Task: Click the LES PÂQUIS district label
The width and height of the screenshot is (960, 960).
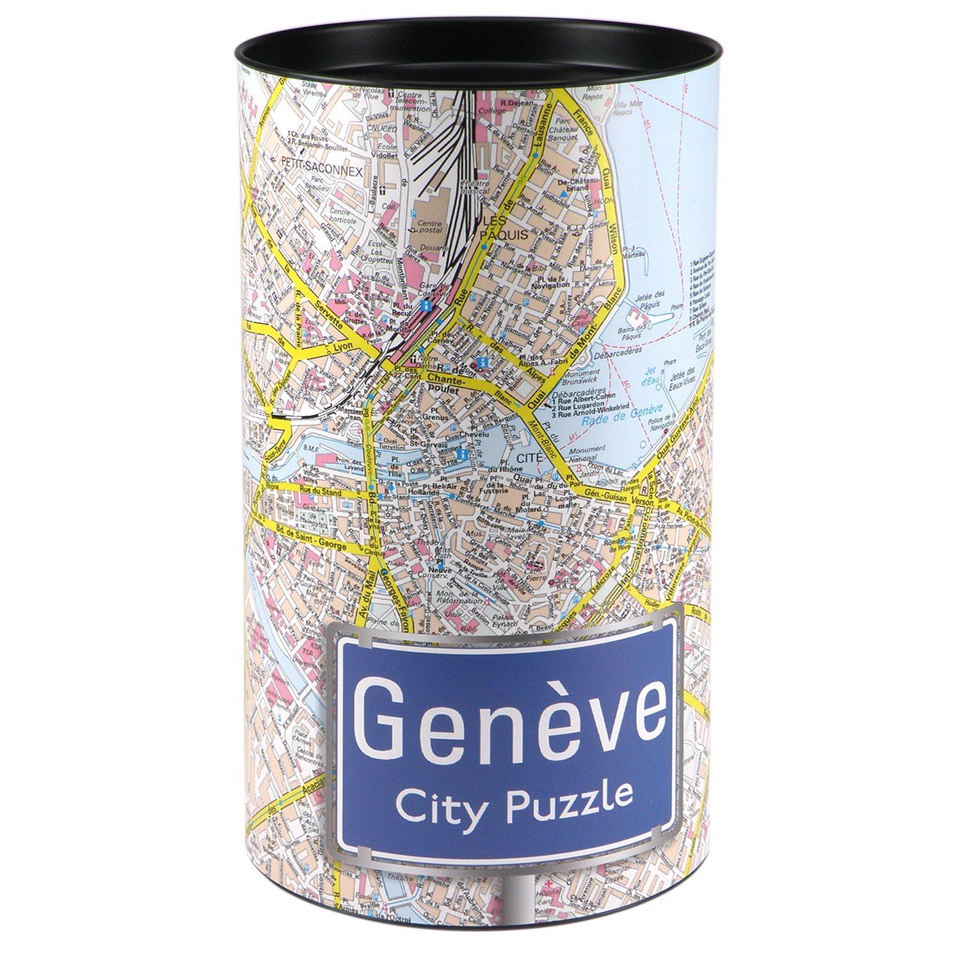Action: tap(507, 228)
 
